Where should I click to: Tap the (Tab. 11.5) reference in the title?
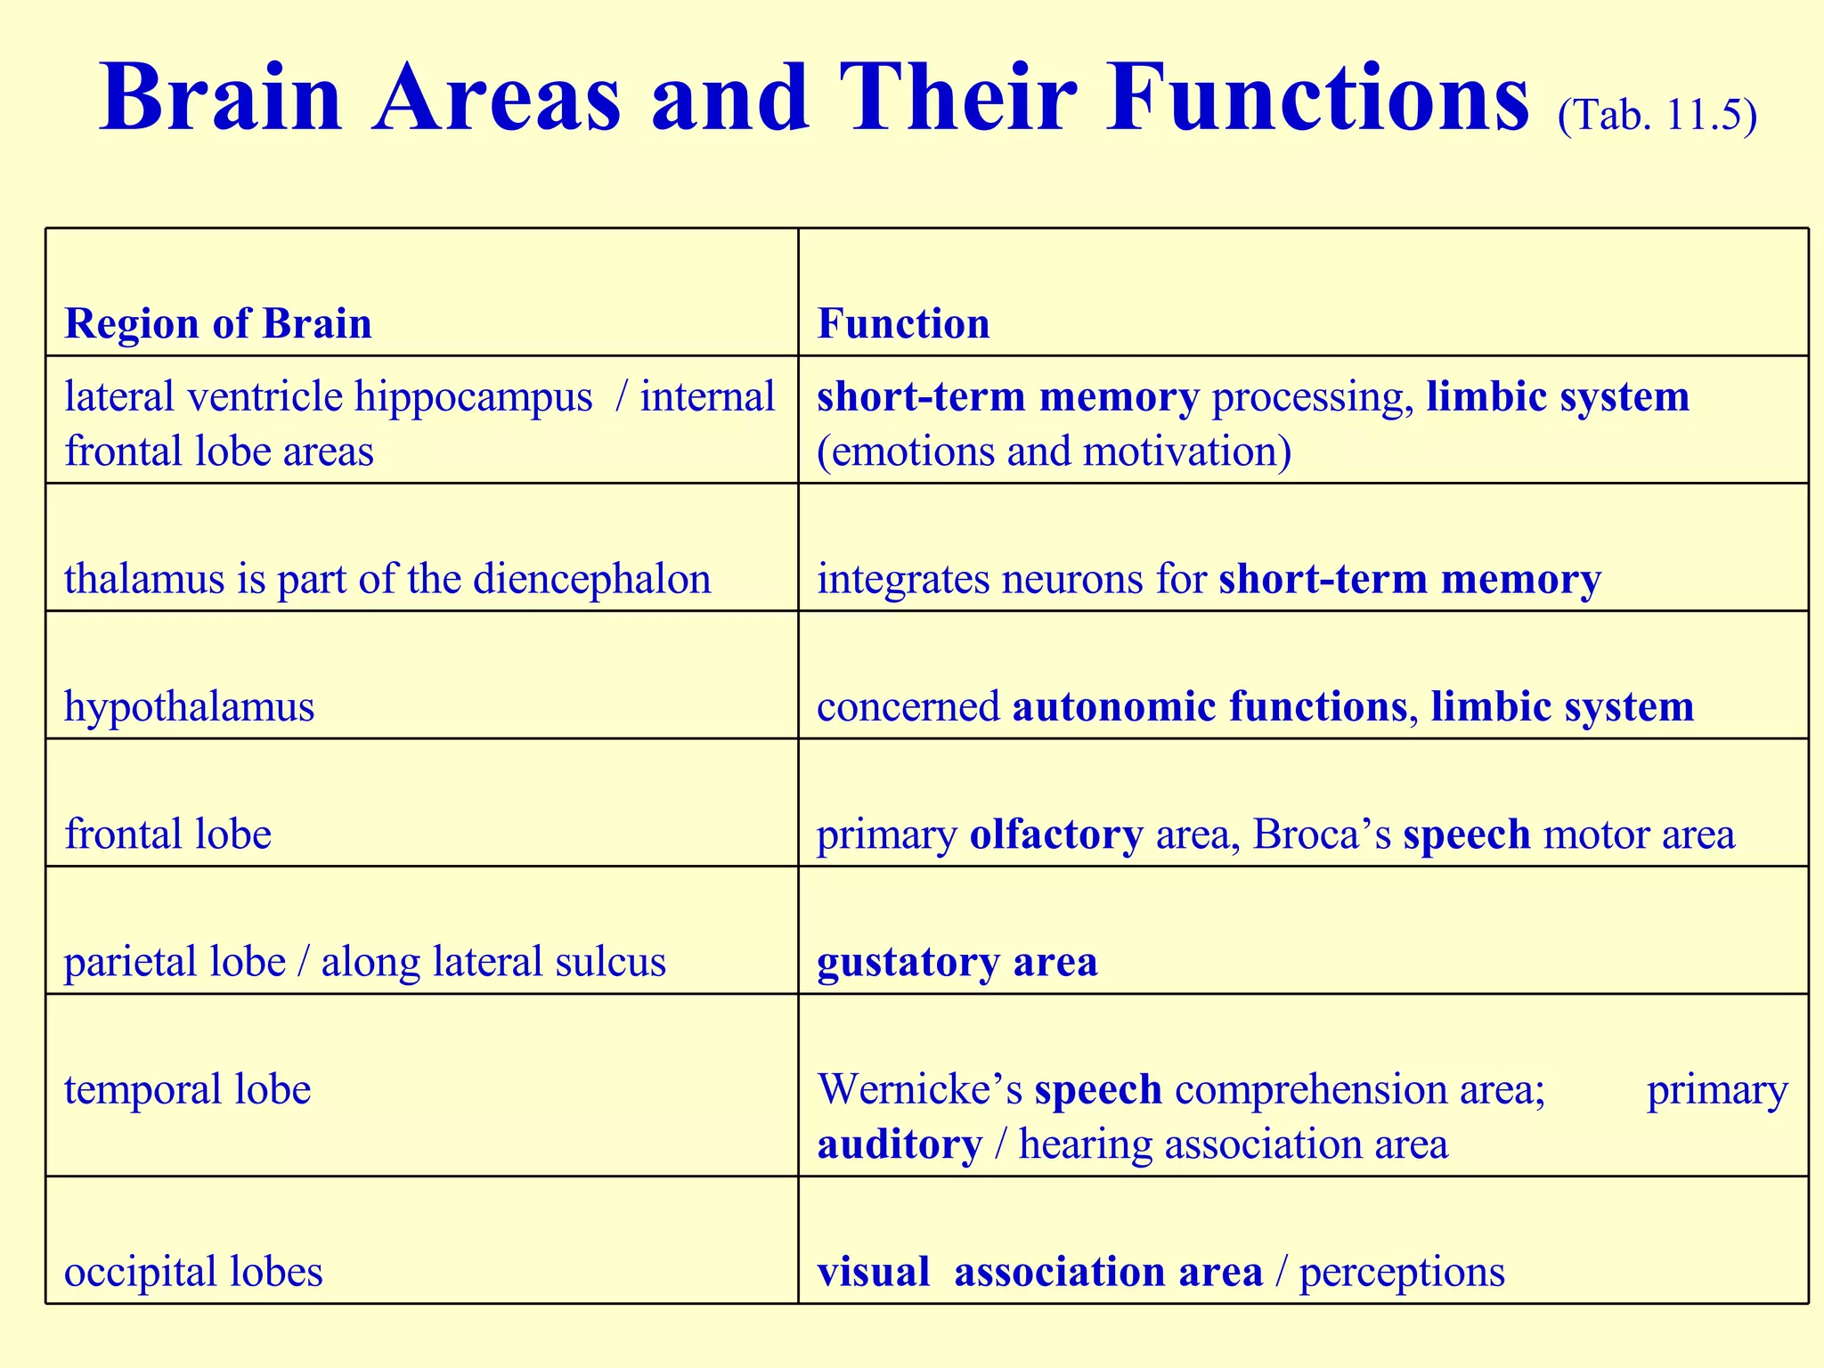(x=1657, y=116)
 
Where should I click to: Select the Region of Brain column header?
(x=218, y=323)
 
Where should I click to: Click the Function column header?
(x=903, y=323)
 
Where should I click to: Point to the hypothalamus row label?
(x=190, y=707)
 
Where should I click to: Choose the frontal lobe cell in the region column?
(x=167, y=835)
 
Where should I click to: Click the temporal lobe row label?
(x=188, y=1089)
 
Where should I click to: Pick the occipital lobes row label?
(x=193, y=1271)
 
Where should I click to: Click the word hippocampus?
(x=473, y=398)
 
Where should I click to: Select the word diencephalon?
(x=592, y=580)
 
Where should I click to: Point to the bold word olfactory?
(x=1056, y=835)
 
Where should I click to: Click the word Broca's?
(x=1322, y=835)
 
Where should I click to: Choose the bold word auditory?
(x=900, y=1144)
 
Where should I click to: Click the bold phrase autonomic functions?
(x=1209, y=707)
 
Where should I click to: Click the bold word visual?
(x=873, y=1271)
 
